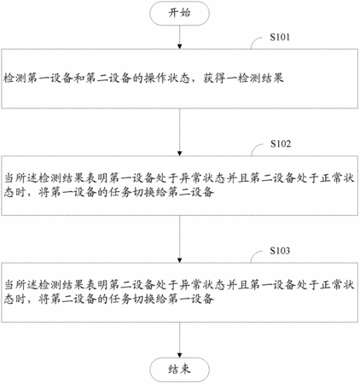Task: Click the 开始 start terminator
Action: click(x=179, y=13)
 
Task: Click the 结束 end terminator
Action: click(x=179, y=369)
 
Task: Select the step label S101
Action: click(x=280, y=37)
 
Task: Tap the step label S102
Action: click(x=281, y=143)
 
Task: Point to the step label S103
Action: click(x=280, y=251)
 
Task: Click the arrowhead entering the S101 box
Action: click(x=179, y=46)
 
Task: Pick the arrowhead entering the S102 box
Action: click(x=179, y=154)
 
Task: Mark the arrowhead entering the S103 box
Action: click(x=179, y=260)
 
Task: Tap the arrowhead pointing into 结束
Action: click(x=179, y=355)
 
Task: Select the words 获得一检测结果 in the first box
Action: click(x=243, y=79)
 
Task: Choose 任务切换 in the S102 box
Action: click(x=132, y=192)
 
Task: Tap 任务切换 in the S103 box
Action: click(x=132, y=299)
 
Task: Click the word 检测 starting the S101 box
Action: click(x=15, y=79)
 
